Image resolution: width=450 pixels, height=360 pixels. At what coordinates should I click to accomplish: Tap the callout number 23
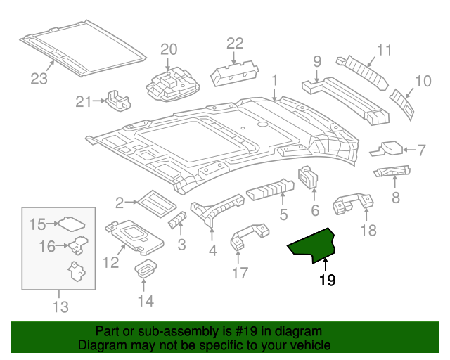pyautogui.click(x=40, y=79)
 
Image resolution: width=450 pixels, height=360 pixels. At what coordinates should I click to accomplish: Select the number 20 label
pyautogui.click(x=169, y=49)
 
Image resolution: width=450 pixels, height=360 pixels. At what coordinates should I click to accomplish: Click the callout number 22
pyautogui.click(x=234, y=43)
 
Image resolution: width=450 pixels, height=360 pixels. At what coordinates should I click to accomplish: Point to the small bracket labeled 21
pyautogui.click(x=117, y=100)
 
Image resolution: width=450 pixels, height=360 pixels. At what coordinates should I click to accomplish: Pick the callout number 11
pyautogui.click(x=383, y=50)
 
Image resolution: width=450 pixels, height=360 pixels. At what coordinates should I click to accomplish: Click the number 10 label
pyautogui.click(x=422, y=82)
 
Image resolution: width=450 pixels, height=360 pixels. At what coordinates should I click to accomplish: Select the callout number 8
pyautogui.click(x=395, y=198)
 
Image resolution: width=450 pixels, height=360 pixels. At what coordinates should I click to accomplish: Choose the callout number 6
pyautogui.click(x=314, y=210)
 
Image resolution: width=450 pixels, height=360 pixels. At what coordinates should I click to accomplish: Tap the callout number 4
pyautogui.click(x=212, y=250)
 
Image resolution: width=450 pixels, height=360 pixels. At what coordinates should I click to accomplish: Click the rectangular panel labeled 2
pyautogui.click(x=154, y=202)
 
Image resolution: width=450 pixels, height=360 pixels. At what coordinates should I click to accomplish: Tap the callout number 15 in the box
pyautogui.click(x=37, y=224)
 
